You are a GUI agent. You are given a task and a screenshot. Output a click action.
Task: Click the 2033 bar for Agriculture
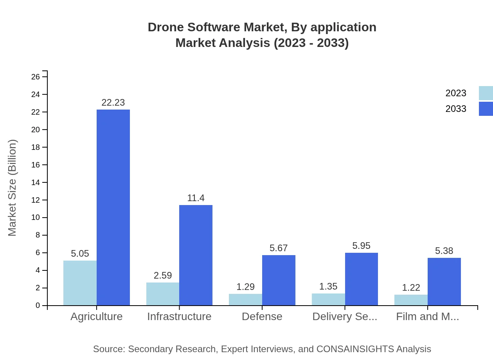coord(113,207)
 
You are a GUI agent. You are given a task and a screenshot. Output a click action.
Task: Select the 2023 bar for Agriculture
coord(80,283)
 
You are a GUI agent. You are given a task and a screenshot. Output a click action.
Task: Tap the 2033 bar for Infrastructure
coord(196,255)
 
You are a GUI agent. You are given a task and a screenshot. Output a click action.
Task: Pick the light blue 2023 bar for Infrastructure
coord(163,294)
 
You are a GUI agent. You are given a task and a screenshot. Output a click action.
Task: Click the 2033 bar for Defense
coord(279,280)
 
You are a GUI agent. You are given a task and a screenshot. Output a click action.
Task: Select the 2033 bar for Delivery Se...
coord(361,279)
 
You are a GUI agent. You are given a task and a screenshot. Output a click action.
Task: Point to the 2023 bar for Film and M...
coord(411,300)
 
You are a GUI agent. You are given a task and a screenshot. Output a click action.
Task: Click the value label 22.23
coord(113,103)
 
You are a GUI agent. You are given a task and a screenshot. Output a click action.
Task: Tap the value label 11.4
coord(196,198)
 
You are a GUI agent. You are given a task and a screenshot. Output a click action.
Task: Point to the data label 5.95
coord(361,246)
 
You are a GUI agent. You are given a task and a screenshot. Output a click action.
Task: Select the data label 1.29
coord(245,287)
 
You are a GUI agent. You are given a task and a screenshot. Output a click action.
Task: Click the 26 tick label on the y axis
coord(36,77)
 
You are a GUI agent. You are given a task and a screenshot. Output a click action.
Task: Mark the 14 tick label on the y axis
coord(36,182)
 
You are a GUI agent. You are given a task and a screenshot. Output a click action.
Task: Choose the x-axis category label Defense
coord(262,317)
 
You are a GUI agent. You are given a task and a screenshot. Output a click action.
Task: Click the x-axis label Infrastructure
coord(179,317)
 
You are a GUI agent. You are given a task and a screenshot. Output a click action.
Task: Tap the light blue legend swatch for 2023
coord(486,93)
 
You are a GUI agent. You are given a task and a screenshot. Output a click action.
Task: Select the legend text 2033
coord(456,109)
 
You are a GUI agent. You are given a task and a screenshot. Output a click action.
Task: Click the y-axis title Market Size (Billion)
coord(12,188)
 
